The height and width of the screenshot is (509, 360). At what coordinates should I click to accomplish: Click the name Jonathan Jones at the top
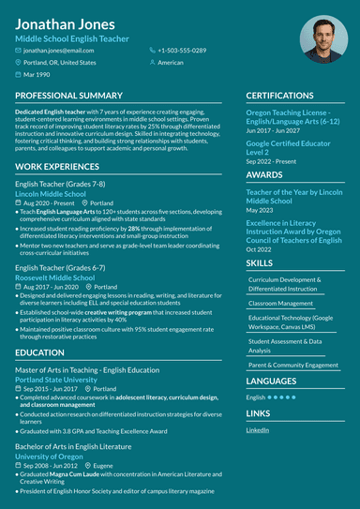(65, 23)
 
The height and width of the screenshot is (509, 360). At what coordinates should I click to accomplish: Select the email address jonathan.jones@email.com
(60, 50)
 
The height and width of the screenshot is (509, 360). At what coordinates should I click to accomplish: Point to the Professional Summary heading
(68, 96)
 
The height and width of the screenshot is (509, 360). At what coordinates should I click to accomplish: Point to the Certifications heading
(280, 96)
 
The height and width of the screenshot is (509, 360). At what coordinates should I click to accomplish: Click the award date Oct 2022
(259, 249)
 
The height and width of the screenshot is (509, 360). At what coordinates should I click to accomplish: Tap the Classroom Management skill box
(281, 303)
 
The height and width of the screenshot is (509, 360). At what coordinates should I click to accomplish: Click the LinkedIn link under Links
(257, 429)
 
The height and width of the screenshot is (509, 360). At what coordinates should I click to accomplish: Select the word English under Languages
(255, 397)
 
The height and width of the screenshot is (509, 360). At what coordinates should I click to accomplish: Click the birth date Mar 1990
(37, 74)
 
